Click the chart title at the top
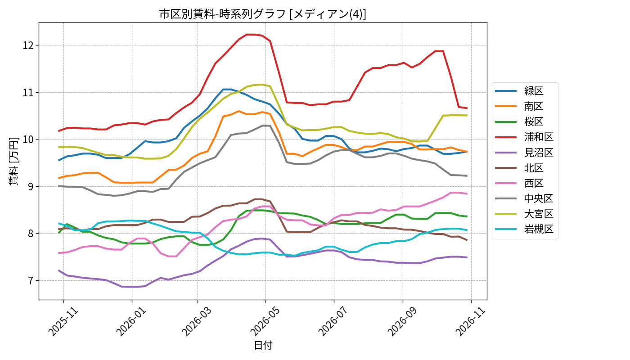pos(263,14)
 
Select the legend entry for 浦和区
pos(525,137)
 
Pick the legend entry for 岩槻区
pos(525,229)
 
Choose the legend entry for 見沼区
pos(525,153)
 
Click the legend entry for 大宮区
pos(525,214)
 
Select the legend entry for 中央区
pos(525,198)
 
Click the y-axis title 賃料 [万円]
pos(13,161)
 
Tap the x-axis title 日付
pos(263,345)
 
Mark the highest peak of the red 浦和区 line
pos(250,35)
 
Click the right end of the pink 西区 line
pos(467,193)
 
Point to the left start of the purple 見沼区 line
pos(59,270)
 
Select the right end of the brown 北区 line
pos(467,240)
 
